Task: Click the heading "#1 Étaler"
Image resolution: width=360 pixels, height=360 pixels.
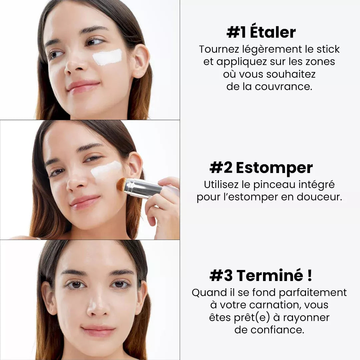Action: (261, 33)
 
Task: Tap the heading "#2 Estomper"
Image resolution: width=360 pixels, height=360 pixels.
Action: (261, 168)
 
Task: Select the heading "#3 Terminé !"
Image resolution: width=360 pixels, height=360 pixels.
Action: (261, 276)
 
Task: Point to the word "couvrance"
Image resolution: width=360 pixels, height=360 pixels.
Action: (283, 87)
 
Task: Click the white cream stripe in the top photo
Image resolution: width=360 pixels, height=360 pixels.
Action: (107, 57)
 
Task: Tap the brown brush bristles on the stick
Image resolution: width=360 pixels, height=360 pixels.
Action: (121, 184)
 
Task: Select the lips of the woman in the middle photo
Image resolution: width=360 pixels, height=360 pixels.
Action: (85, 202)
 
